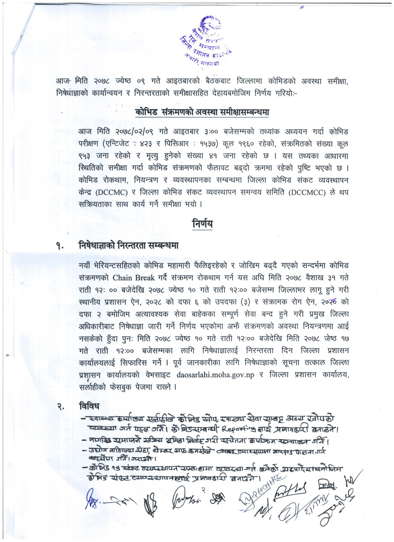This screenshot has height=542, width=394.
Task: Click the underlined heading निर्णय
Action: pyautogui.click(x=202, y=223)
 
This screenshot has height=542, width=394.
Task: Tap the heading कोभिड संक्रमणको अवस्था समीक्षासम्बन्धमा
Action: pyautogui.click(x=202, y=113)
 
